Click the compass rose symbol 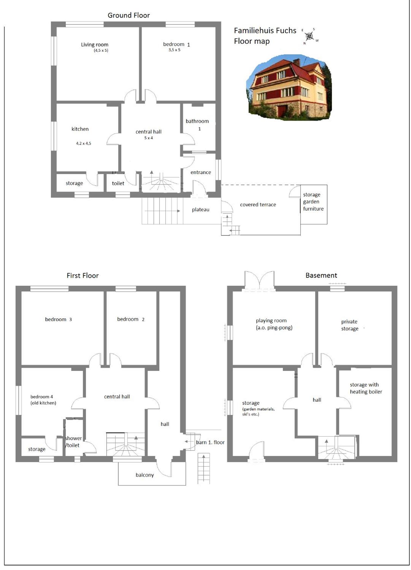click(310, 36)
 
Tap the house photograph click(289, 88)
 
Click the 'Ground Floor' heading click(129, 15)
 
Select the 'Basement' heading click(321, 275)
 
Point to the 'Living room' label click(95, 45)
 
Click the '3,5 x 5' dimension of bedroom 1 click(174, 50)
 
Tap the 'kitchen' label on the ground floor click(80, 129)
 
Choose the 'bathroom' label click(197, 121)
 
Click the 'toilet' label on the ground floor click(118, 183)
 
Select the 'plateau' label click(201, 209)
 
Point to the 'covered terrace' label click(258, 205)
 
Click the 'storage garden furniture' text click(313, 202)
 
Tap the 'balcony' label click(145, 475)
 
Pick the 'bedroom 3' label click(58, 319)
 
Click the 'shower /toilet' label click(73, 442)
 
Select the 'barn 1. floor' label click(210, 442)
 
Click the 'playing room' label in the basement click(271, 320)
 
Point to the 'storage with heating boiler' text click(366, 388)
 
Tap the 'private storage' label click(350, 325)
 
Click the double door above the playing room click(259, 281)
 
